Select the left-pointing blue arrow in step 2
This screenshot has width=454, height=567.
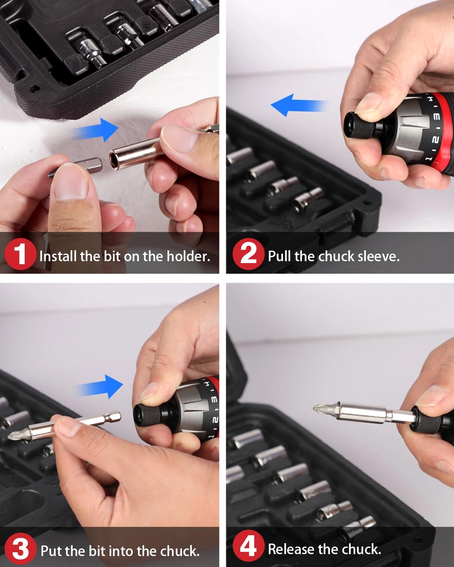coord(297,105)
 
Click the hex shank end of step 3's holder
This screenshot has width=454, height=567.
coord(115,416)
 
